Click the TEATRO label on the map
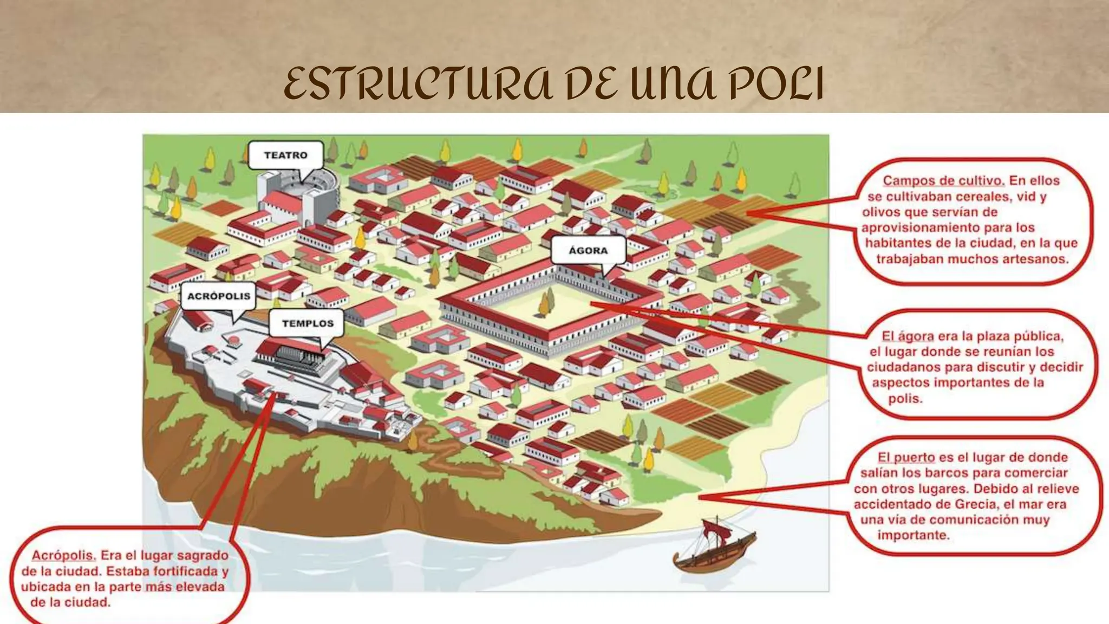285,155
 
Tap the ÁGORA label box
588,251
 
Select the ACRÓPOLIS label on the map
218,296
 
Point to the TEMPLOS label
308,323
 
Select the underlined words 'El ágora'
908,336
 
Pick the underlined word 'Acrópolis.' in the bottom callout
63,556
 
